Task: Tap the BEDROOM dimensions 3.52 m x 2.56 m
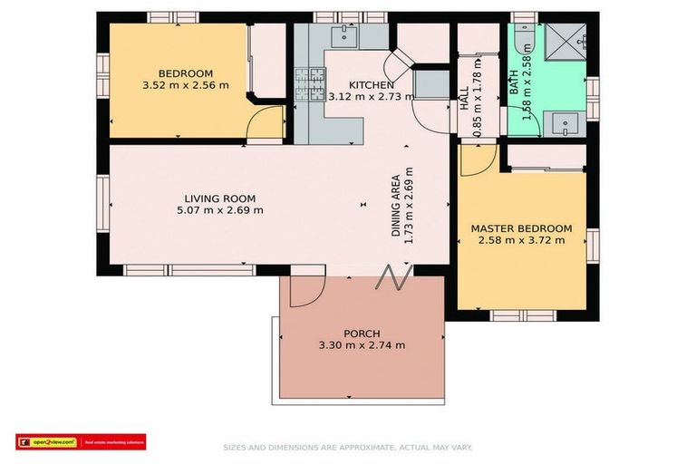[x=186, y=86]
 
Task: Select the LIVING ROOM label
[x=219, y=198]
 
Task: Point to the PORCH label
[x=362, y=333]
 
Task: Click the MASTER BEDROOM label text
[x=521, y=228]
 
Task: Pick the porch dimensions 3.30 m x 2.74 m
[x=362, y=345]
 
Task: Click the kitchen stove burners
[x=310, y=84]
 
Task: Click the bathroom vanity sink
[x=563, y=123]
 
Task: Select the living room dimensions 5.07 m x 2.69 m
[x=219, y=210]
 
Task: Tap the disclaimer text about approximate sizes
[x=347, y=447]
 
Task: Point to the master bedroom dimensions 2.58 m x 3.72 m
[x=521, y=240]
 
